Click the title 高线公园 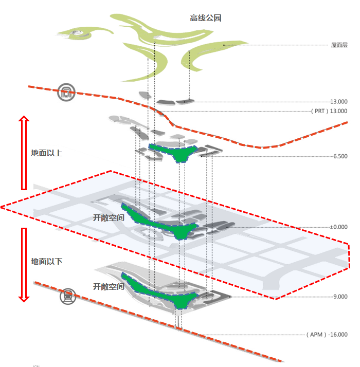(205, 18)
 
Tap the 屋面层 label (339, 45)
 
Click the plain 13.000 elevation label (339, 102)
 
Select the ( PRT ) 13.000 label (329, 111)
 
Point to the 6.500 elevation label (340, 156)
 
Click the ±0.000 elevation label (339, 227)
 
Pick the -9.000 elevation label (339, 297)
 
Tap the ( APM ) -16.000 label (327, 335)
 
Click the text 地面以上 (47, 153)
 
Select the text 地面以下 (47, 262)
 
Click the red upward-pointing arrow (24, 153)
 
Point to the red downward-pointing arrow (24, 265)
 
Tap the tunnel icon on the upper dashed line (66, 92)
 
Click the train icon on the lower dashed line (68, 296)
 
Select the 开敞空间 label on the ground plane (109, 217)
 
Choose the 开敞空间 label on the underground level (109, 286)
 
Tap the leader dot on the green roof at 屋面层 (224, 45)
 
